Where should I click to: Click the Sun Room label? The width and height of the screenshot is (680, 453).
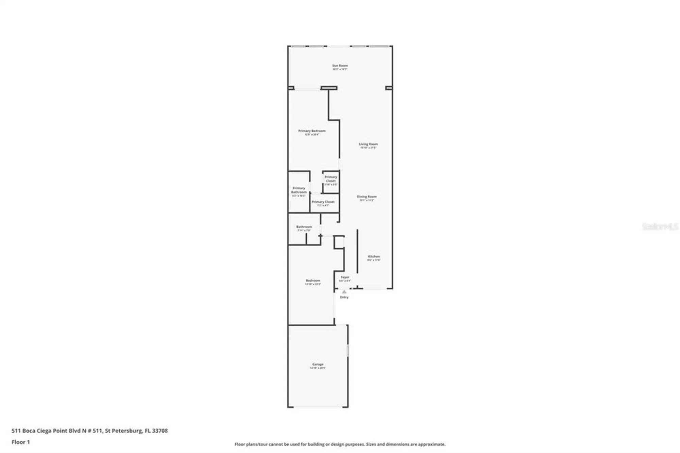coord(340,65)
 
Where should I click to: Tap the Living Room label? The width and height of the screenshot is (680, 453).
coord(368,144)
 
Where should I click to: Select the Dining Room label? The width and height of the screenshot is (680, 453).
coord(367,197)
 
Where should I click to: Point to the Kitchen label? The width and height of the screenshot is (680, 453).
coord(374,256)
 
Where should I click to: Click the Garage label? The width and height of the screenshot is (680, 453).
coord(318,364)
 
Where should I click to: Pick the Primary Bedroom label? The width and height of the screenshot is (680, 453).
coord(312,131)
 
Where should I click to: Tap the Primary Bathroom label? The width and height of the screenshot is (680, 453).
coord(299,190)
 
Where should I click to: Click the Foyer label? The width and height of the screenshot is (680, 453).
coord(345,277)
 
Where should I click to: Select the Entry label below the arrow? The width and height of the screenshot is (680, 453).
coord(344,297)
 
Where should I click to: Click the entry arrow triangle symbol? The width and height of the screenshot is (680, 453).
coord(344,292)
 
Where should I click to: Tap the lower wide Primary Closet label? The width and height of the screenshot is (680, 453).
coord(323,202)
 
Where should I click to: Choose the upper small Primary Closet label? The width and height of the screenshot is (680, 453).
coord(330,179)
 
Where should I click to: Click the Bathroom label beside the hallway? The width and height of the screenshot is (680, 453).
coord(304,227)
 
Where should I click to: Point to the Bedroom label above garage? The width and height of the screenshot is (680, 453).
coord(312,281)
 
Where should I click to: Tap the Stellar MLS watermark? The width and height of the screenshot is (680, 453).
coord(660,227)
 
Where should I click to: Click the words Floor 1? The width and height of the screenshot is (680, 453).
coord(21,442)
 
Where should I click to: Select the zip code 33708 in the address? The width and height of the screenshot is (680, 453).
coord(160,431)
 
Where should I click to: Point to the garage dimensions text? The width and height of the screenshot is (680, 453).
coord(318,368)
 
